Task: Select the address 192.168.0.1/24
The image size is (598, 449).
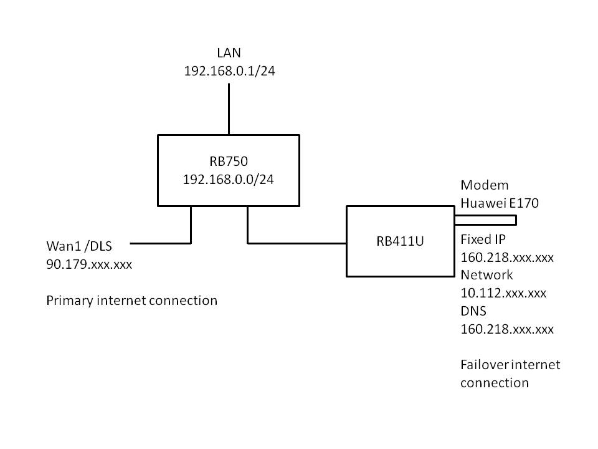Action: tap(229, 72)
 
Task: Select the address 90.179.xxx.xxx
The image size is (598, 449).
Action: tap(89, 264)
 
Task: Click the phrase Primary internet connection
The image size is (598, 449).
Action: tap(131, 301)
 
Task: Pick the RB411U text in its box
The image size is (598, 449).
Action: tap(400, 242)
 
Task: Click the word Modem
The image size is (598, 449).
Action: tap(484, 185)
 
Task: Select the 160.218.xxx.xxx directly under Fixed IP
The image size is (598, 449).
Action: tap(506, 257)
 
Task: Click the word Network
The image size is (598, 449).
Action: tap(486, 275)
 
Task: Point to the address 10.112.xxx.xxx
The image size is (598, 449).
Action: tap(503, 293)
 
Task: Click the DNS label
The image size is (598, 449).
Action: tap(473, 311)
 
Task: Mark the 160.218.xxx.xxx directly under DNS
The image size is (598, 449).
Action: tap(506, 329)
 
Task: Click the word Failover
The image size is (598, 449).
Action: tap(485, 365)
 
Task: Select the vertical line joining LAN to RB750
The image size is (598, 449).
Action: tap(229, 109)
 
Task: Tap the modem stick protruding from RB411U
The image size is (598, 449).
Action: tap(486, 220)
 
